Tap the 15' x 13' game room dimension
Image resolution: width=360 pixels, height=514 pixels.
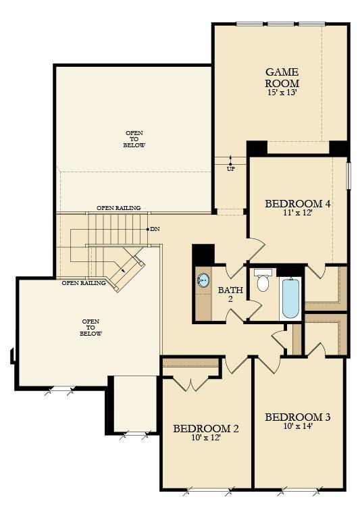[x=282, y=92]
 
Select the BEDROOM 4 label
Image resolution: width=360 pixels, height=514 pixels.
[x=297, y=203]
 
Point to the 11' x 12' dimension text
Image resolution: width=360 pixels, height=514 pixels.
[x=297, y=213]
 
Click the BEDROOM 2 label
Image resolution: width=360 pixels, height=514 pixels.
[x=206, y=428]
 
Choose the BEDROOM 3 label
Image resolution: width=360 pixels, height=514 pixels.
[x=297, y=417]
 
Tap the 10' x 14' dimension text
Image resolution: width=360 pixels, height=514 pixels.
[x=297, y=427]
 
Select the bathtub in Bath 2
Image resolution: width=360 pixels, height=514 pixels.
[x=290, y=297]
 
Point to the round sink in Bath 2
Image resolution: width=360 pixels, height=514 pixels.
[x=203, y=280]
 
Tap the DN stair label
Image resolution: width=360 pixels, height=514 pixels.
[x=155, y=230]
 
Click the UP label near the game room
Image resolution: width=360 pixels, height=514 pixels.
[x=230, y=168]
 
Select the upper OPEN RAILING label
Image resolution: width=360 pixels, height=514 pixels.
[x=118, y=208]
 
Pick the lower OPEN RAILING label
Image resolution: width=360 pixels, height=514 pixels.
[x=84, y=283]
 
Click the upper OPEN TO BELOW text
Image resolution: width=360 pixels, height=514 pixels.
[x=134, y=139]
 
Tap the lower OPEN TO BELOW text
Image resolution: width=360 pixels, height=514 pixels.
[x=91, y=328]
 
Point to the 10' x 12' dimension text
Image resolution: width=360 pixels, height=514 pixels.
[x=206, y=438]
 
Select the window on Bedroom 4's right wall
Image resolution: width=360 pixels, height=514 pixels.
[x=349, y=175]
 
